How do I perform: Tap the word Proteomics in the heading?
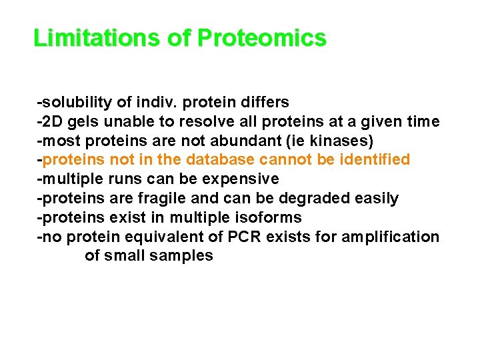click(261, 38)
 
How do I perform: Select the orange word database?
click(219, 160)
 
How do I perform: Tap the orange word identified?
click(375, 160)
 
